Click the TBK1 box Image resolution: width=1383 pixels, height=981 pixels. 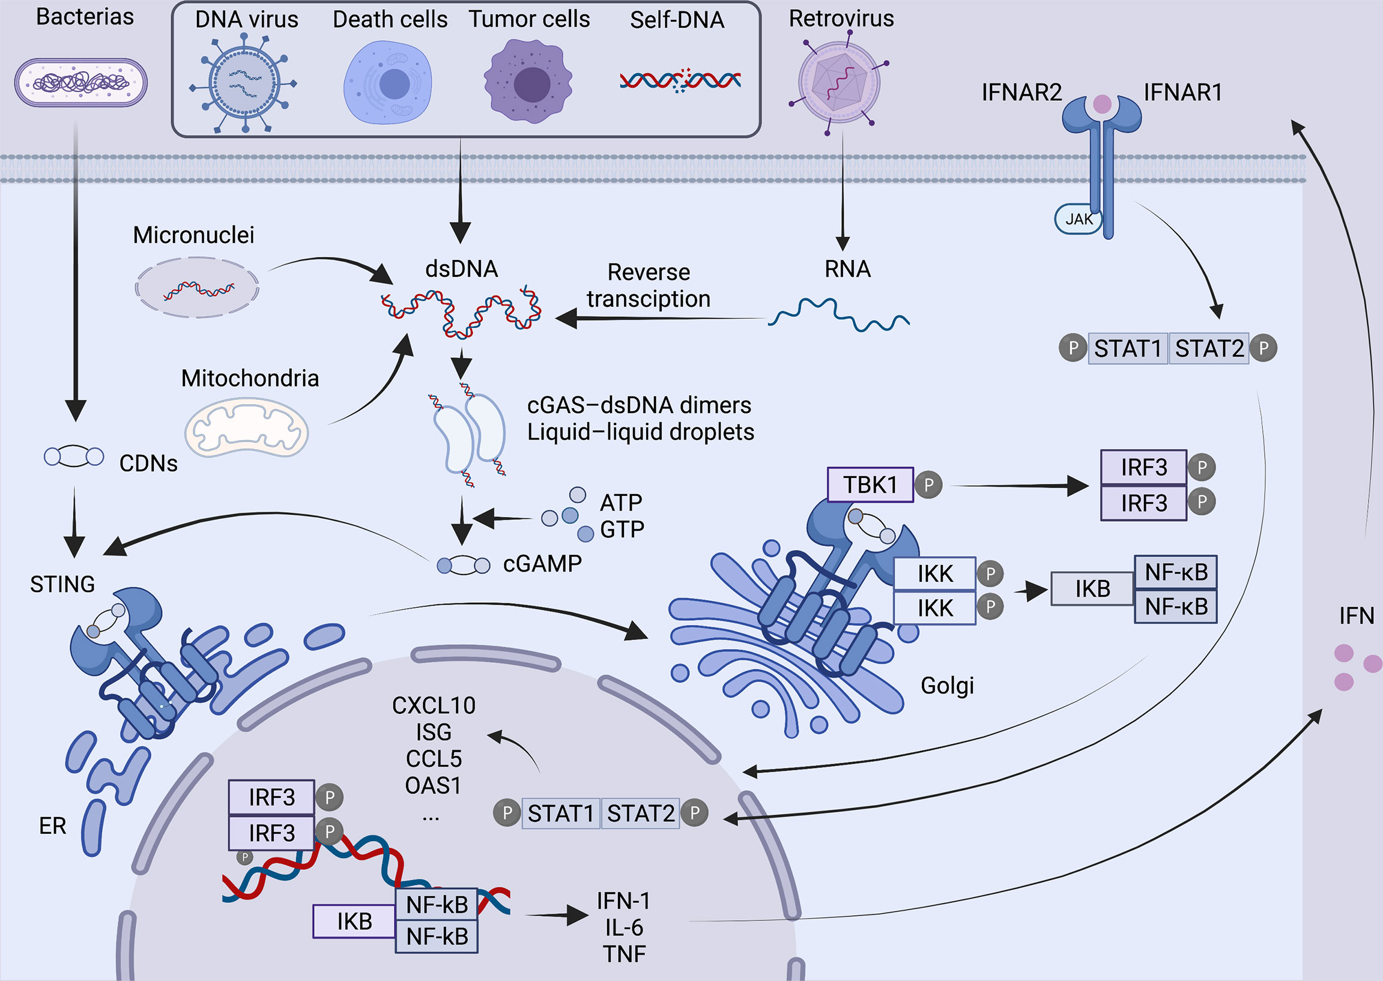point(870,484)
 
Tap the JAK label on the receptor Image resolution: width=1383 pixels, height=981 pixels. point(1079,219)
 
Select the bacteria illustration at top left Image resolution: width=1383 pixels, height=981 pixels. point(81,83)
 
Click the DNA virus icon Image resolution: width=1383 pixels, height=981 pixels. point(244,83)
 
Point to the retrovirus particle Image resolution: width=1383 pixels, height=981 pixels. point(839,82)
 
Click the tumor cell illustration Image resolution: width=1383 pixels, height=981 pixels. point(528,82)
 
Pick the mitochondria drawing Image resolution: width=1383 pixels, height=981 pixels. point(246,427)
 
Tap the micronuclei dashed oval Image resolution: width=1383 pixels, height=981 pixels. point(197,288)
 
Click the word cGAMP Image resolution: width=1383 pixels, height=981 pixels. point(542,564)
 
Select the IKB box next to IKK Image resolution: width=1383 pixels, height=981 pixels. point(1092,588)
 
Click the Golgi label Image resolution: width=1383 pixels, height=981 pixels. point(947,685)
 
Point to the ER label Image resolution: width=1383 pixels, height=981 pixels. point(53,826)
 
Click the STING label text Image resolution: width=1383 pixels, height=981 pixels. point(62,584)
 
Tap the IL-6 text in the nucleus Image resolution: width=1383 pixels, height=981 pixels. point(624,927)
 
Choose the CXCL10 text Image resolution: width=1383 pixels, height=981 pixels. point(433,705)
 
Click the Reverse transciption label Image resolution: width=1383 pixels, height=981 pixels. point(649,285)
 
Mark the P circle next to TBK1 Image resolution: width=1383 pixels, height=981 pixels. point(928,485)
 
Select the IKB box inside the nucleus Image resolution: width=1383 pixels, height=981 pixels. point(354,921)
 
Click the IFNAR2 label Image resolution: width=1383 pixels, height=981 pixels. point(1021,92)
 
